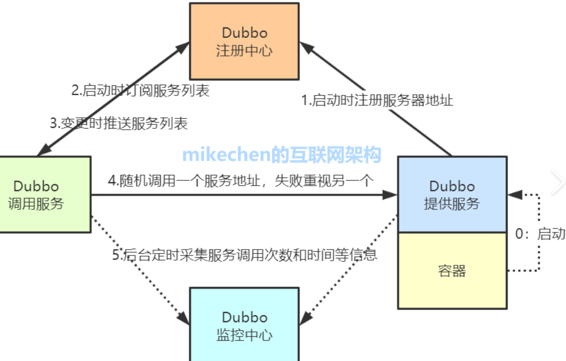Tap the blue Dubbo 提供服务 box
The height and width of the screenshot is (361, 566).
[452, 194]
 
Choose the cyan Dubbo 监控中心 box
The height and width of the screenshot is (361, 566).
[244, 325]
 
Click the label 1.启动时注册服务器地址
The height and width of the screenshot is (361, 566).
[377, 101]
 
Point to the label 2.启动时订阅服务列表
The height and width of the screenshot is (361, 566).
[141, 90]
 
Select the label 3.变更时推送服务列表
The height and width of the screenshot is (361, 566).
[119, 123]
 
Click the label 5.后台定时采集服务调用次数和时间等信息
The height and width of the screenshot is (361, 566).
[245, 254]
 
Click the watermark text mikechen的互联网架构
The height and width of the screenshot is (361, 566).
[281, 155]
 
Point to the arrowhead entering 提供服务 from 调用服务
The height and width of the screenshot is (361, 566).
[390, 195]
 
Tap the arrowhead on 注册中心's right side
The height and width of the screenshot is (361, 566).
[306, 46]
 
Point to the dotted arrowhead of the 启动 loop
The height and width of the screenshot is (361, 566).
[515, 194]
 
